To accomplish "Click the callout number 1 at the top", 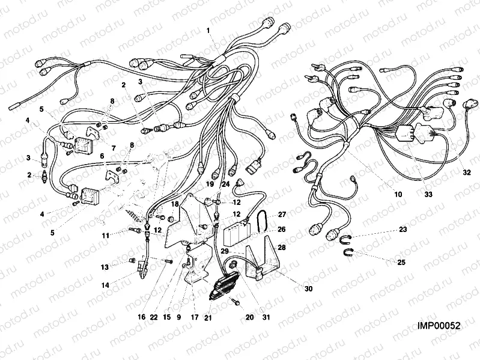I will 208,30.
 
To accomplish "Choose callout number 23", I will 403,229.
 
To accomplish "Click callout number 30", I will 308,289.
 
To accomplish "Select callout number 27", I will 282,214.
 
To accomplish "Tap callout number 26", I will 282,229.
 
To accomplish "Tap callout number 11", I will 106,236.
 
